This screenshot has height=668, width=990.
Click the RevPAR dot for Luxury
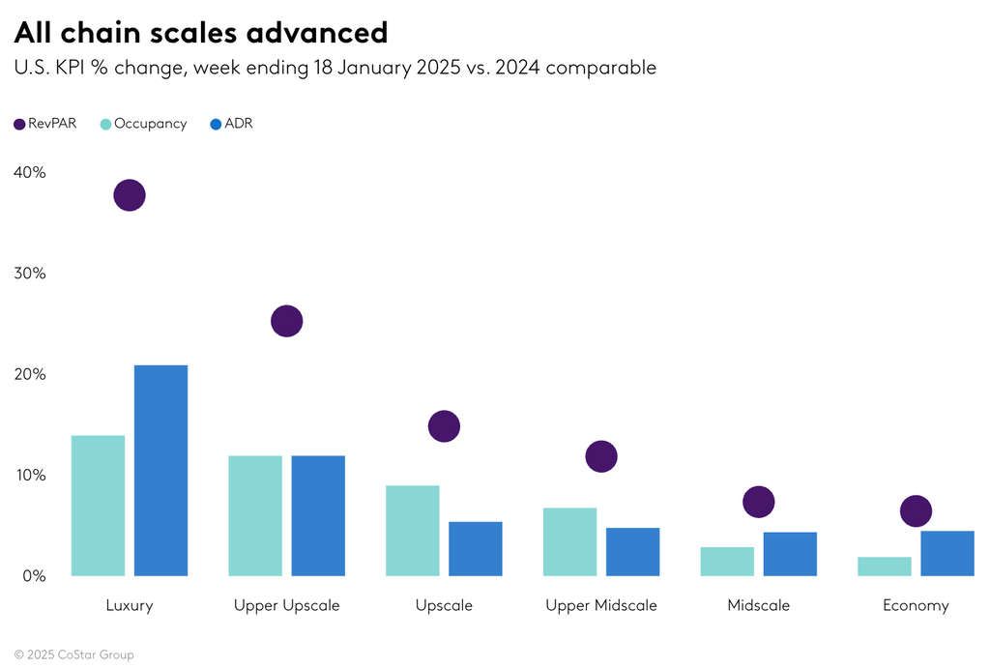tap(130, 195)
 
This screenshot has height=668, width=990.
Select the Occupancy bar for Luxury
tap(98, 506)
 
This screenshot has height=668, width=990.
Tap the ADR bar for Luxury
tap(160, 471)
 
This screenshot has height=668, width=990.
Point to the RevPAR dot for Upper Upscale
tap(287, 320)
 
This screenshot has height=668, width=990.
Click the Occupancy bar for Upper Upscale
tap(255, 515)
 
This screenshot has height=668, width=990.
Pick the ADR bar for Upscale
tap(475, 548)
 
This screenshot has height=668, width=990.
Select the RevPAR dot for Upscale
tap(444, 425)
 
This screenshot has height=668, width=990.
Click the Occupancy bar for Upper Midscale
tap(569, 541)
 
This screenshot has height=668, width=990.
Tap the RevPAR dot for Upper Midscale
tap(601, 456)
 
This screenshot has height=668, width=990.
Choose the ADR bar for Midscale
tap(790, 554)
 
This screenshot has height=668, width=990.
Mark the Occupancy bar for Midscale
tap(727, 562)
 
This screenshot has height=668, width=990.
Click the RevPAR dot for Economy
tap(916, 511)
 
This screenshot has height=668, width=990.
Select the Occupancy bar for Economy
tap(885, 566)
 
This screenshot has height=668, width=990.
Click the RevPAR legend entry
tap(45, 124)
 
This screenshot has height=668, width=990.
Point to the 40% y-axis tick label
tap(30, 172)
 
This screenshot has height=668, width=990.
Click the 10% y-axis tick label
tap(30, 476)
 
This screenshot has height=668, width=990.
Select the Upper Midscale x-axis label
tap(600, 606)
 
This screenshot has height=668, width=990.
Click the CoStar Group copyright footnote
tap(74, 654)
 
